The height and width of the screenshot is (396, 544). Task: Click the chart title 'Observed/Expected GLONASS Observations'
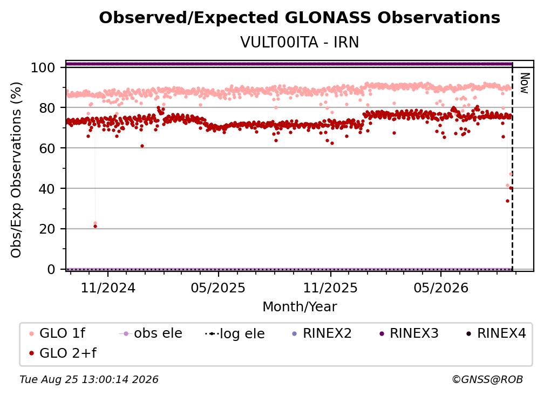click(300, 18)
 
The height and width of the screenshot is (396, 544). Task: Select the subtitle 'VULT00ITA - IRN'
click(300, 42)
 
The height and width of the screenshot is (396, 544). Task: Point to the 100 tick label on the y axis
click(43, 67)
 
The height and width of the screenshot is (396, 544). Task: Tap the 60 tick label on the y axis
click(47, 148)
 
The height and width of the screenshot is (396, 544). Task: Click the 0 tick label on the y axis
click(51, 269)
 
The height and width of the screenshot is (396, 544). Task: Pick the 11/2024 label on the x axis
click(108, 288)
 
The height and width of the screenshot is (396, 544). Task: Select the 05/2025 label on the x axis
click(218, 288)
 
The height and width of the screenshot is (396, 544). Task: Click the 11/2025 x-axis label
click(330, 288)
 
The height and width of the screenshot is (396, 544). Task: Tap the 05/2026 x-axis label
click(441, 288)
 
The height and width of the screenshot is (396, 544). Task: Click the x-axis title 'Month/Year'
click(300, 307)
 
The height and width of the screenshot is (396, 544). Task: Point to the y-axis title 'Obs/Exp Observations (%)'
click(16, 170)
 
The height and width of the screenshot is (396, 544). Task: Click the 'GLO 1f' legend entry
click(57, 333)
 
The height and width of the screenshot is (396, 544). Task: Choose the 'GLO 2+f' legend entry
click(63, 353)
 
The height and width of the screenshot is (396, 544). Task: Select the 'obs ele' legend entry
click(151, 333)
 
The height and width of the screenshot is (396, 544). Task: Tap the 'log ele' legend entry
click(235, 334)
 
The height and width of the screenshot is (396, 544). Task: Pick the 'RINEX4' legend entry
click(496, 333)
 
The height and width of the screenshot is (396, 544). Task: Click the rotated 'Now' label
click(525, 83)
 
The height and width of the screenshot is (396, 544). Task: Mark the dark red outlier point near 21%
click(96, 227)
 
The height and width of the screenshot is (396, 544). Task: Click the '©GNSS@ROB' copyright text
click(487, 380)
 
